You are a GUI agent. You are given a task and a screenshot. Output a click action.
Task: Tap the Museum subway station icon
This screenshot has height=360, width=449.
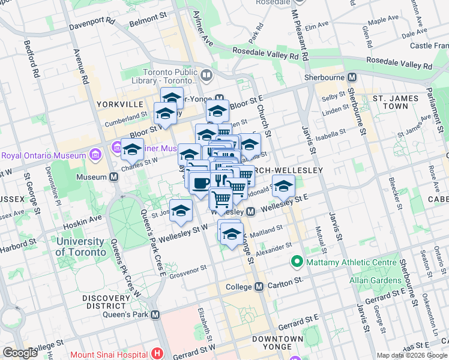click(113, 177)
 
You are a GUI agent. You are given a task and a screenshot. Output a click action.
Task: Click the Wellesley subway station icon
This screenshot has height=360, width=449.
click(252, 211)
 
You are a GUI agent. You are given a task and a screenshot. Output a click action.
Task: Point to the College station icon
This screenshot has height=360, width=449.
click(259, 287)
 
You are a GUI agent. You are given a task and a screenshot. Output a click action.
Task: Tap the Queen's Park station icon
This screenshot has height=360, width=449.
click(155, 314)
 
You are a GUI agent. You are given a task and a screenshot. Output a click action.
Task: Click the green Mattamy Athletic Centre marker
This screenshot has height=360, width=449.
click(296, 262)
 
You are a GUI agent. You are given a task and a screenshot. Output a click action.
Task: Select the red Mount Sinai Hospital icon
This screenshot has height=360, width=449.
click(158, 354)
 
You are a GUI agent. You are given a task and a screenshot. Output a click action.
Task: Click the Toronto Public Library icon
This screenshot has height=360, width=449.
click(206, 75)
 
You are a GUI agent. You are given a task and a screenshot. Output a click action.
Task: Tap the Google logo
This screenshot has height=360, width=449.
click(20, 353)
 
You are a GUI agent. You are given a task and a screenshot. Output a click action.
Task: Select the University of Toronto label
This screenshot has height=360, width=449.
click(80, 247)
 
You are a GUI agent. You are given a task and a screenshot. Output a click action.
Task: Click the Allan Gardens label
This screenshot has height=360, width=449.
click(381, 280)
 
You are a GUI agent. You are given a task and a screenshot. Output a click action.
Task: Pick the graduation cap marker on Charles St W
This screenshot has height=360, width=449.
click(132, 149)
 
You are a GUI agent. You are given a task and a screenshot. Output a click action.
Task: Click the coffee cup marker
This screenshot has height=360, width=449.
click(200, 182)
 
